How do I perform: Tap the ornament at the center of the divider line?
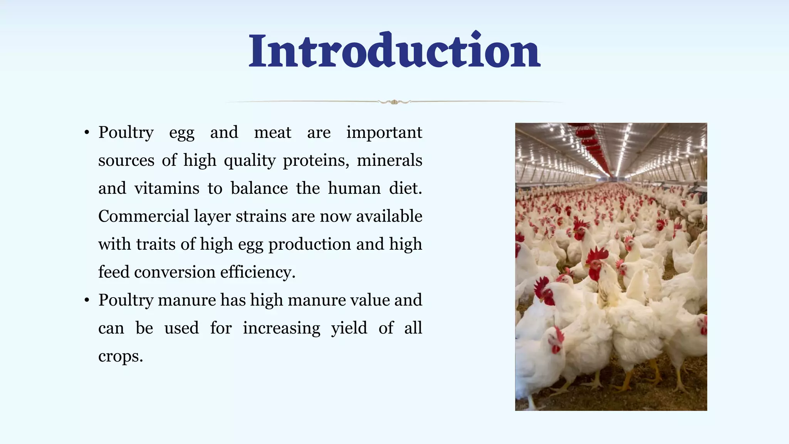(394, 102)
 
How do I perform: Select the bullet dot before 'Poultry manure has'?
(87, 301)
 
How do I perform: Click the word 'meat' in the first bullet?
(272, 133)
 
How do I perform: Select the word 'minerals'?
(389, 160)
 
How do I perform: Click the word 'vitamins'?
(167, 188)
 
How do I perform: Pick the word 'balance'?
(259, 188)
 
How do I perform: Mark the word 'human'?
(354, 188)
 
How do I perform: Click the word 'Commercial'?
(143, 216)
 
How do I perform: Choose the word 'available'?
(389, 216)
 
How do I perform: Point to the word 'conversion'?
(175, 272)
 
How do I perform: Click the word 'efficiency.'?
(258, 272)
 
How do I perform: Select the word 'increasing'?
(281, 328)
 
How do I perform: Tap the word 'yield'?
(349, 328)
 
